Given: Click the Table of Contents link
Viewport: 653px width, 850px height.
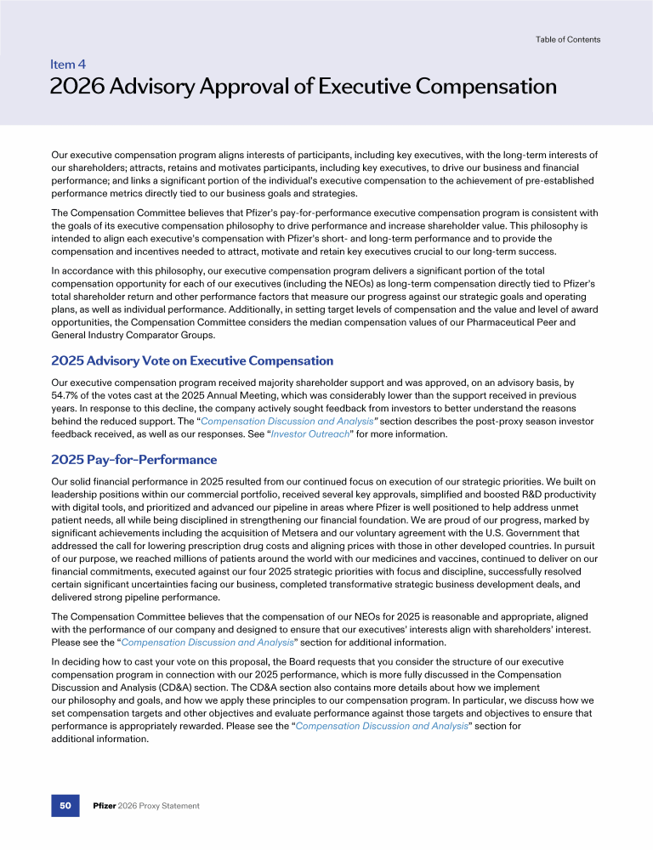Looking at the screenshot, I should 568,39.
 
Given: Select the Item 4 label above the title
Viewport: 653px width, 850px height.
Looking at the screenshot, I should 67,64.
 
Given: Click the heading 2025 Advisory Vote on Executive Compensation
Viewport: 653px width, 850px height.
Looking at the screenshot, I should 192,361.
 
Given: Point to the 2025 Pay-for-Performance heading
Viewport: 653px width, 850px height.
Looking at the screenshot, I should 134,460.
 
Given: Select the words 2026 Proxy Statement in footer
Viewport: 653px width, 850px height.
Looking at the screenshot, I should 160,805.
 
